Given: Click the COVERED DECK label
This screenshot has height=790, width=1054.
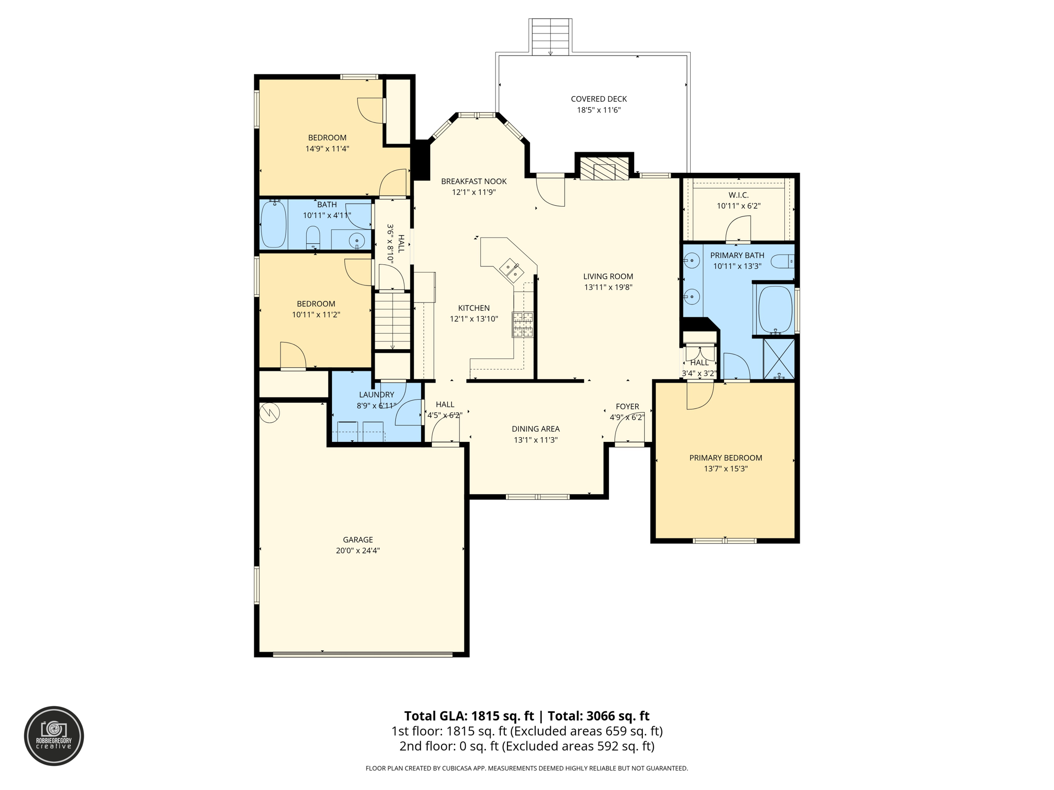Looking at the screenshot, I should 599,99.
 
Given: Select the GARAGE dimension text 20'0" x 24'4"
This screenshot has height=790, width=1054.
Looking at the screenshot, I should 358,550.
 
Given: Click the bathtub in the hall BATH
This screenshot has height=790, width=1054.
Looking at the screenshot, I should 273,225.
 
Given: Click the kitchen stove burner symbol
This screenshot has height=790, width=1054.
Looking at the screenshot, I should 522,325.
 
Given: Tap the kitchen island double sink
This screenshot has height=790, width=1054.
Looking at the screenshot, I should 511,270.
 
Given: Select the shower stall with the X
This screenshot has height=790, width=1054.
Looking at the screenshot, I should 779,358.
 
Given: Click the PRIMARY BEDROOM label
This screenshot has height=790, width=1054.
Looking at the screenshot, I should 725,458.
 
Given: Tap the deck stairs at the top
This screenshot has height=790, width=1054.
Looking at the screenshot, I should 550,37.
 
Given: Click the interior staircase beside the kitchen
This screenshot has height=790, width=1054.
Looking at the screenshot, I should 392,321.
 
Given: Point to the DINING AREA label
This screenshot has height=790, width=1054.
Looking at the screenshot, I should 535,429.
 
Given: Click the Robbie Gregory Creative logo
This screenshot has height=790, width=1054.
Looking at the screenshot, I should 54,735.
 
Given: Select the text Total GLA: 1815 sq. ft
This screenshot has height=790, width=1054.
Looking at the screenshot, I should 469,716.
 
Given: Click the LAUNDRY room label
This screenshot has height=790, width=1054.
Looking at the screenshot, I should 376,394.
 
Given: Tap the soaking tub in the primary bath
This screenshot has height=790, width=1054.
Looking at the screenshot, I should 776,309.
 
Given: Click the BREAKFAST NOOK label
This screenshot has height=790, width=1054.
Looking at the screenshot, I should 473,181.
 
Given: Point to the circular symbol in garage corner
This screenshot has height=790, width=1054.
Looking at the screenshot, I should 269,412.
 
